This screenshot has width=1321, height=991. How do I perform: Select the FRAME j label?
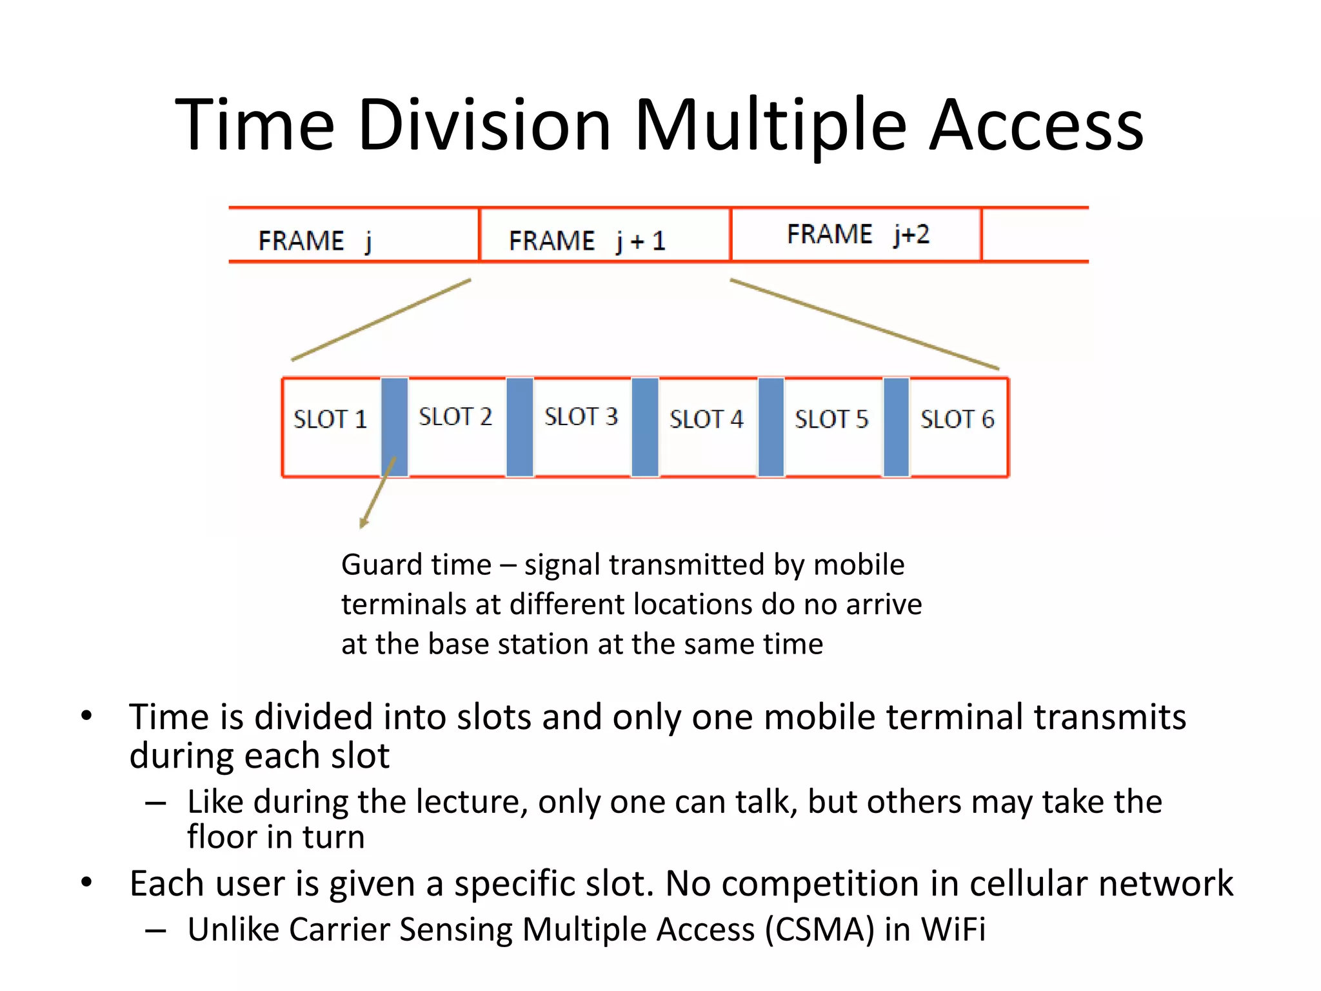315,241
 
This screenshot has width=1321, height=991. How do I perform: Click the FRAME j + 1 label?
586,241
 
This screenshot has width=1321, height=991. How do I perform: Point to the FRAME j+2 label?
858,234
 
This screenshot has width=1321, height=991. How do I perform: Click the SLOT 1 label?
330,419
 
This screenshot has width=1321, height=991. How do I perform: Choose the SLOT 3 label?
581,417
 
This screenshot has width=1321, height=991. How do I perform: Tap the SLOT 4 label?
706,419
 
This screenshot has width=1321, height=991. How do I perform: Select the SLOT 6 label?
957,419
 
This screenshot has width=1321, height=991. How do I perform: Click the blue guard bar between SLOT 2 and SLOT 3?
520,427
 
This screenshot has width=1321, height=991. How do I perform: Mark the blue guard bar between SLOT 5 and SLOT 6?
896,427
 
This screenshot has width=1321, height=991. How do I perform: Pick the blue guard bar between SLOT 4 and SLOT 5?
771,427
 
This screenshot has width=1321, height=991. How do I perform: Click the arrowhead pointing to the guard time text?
364,523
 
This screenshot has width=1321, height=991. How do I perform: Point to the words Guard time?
416,565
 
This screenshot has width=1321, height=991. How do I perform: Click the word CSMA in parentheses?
819,930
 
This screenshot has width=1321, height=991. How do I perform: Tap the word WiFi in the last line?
953,930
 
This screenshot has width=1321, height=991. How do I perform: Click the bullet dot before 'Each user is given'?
86,882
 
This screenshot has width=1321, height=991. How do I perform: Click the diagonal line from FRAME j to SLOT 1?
381,320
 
